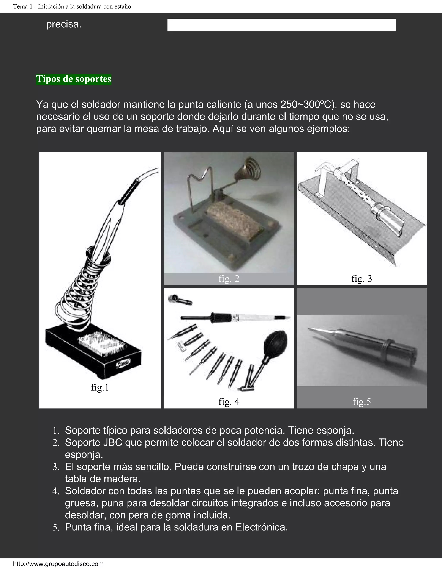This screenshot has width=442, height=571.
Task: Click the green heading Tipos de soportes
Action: pyautogui.click(x=74, y=79)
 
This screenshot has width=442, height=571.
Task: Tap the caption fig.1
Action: pyautogui.click(x=100, y=387)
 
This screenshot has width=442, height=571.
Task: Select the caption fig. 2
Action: pyautogui.click(x=229, y=279)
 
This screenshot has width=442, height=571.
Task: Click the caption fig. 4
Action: pyautogui.click(x=229, y=402)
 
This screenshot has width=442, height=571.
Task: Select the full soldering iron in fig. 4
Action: pyautogui.click(x=236, y=317)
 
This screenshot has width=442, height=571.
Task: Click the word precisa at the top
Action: pyautogui.click(x=64, y=24)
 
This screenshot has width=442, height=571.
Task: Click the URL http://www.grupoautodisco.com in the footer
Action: pyautogui.click(x=58, y=564)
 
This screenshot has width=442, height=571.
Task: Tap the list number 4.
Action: pyautogui.click(x=56, y=491)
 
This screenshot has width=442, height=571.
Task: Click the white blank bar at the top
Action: pyautogui.click(x=281, y=25)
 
